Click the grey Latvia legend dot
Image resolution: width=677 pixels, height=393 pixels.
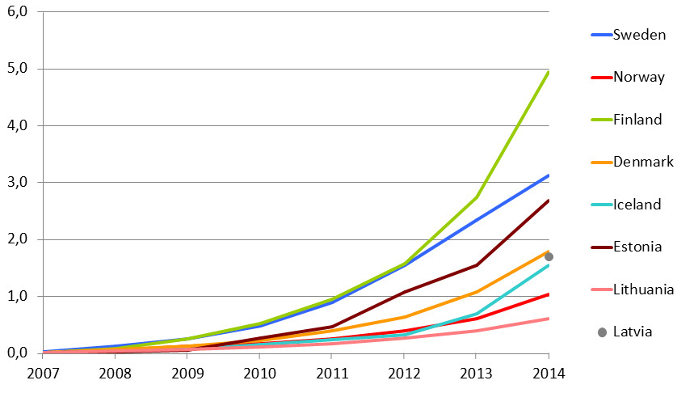tap(602, 332)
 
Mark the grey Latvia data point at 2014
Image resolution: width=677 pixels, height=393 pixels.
tap(549, 257)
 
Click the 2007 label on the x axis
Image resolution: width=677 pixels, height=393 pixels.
tap(43, 373)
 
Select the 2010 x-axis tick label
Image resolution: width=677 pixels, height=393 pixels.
tap(259, 373)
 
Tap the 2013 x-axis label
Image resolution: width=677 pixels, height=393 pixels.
tap(476, 373)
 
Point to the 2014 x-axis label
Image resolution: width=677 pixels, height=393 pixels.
tap(549, 373)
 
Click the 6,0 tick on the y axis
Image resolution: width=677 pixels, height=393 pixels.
tap(18, 11)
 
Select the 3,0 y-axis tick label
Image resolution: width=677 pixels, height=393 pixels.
tap(18, 182)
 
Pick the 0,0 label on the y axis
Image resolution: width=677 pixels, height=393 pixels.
tap(18, 353)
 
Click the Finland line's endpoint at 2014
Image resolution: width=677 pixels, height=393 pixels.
tap(549, 72)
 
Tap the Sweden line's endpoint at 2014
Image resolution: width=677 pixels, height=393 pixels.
tap(549, 175)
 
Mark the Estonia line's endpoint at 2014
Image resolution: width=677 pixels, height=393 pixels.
tap(549, 201)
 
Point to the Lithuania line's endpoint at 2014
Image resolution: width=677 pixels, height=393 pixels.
tap(549, 319)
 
